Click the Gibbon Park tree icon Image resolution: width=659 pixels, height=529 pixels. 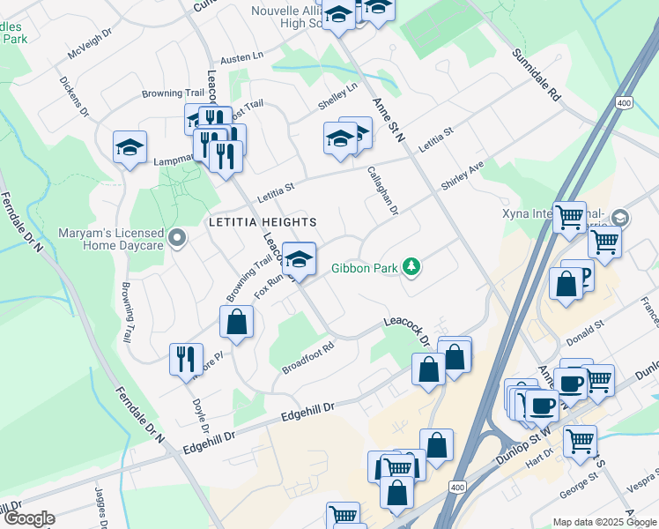[x=411, y=265]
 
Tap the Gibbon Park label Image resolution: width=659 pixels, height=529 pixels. [x=363, y=268]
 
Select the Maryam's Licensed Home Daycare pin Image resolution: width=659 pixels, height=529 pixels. [x=177, y=237]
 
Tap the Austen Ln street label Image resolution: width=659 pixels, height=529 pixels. [x=241, y=56]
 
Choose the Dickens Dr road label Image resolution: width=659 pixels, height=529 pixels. [x=74, y=95]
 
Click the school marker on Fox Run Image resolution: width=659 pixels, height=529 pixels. [x=300, y=259]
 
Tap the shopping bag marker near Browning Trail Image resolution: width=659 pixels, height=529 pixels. [x=237, y=322]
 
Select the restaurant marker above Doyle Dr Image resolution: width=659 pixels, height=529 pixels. [x=186, y=359]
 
